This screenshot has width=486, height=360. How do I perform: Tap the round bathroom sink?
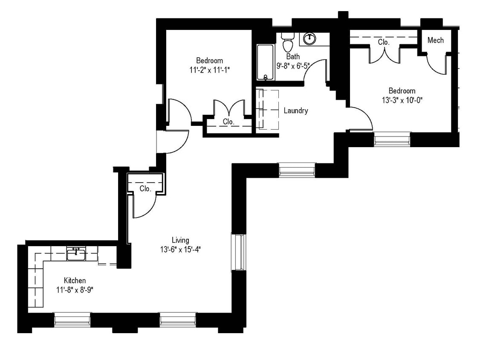tap(309, 39)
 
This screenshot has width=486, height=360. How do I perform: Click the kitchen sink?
tap(76, 254)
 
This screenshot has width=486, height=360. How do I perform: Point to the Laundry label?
tap(296, 111)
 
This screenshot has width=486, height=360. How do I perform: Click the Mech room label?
tap(435, 40)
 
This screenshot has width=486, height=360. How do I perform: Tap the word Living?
tap(180, 240)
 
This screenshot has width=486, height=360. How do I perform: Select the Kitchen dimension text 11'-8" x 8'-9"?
tap(75, 290)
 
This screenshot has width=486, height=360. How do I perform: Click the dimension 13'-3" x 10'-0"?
tap(402, 100)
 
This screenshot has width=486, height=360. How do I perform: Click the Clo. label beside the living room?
tap(145, 189)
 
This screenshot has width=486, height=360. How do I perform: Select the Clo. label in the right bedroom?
tap(384, 42)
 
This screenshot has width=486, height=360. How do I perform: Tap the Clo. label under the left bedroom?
tap(229, 122)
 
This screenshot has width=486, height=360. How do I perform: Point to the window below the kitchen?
tap(72, 319)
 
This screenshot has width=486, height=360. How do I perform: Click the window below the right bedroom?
tap(392, 139)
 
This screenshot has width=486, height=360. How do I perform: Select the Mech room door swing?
tap(436, 64)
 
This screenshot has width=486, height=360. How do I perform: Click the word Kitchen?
tap(75, 281)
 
